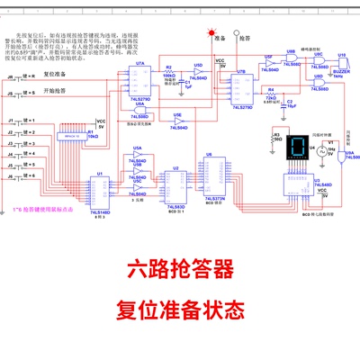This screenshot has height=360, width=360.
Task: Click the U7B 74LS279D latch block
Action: [x=239, y=88]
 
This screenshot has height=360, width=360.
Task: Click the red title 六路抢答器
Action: [x=180, y=269]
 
